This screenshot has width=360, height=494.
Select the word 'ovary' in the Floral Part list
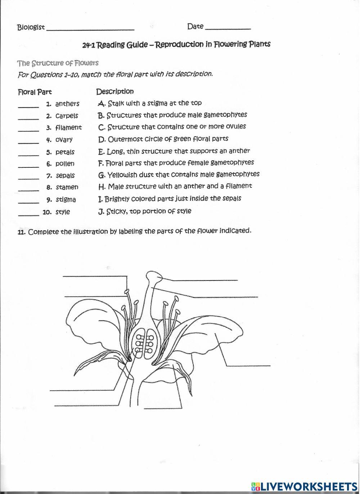64,140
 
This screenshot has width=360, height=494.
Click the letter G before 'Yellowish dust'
101,175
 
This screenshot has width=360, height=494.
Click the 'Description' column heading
115,91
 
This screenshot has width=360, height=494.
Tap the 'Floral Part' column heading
35,92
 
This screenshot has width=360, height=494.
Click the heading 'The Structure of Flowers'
58,63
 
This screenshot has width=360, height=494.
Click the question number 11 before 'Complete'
21,232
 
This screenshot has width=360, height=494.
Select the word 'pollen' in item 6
65,164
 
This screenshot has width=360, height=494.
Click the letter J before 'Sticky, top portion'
101,212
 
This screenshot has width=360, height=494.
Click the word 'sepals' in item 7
65,176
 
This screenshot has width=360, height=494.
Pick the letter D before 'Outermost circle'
101,139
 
